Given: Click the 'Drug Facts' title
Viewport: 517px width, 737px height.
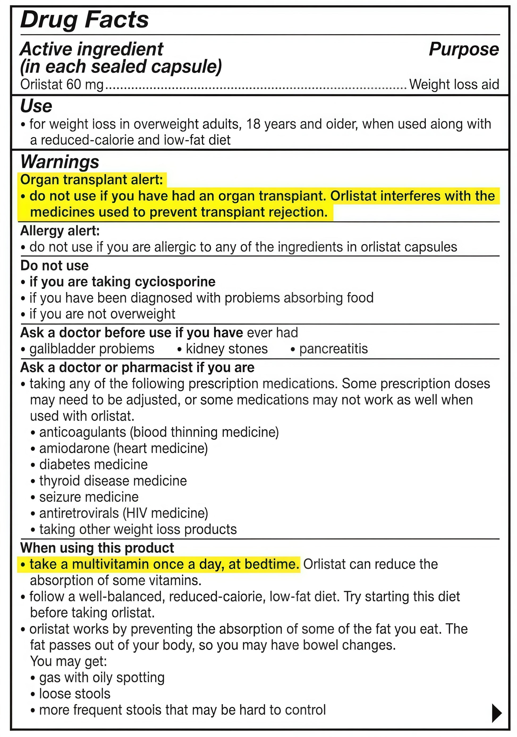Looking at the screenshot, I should click(x=84, y=20).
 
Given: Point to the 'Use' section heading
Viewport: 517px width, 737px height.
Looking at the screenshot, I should click(x=36, y=106).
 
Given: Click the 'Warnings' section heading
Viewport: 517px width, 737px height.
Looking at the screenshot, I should click(x=60, y=161).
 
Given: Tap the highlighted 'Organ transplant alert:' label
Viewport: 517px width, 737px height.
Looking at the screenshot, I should click(x=92, y=180).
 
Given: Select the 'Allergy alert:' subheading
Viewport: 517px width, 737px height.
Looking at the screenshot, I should click(x=60, y=231).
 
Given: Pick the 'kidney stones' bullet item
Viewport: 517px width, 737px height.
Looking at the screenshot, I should click(x=226, y=349).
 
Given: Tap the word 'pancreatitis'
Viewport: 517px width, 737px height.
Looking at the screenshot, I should click(x=333, y=349).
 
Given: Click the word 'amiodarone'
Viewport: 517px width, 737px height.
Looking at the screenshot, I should click(x=74, y=448).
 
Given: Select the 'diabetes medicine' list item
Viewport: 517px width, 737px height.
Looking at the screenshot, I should click(x=93, y=464).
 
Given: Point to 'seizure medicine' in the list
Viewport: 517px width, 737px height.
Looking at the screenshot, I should click(x=89, y=497).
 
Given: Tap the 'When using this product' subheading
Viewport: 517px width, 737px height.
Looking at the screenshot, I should click(x=97, y=548).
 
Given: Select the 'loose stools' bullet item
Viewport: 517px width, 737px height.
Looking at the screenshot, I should click(x=74, y=694).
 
